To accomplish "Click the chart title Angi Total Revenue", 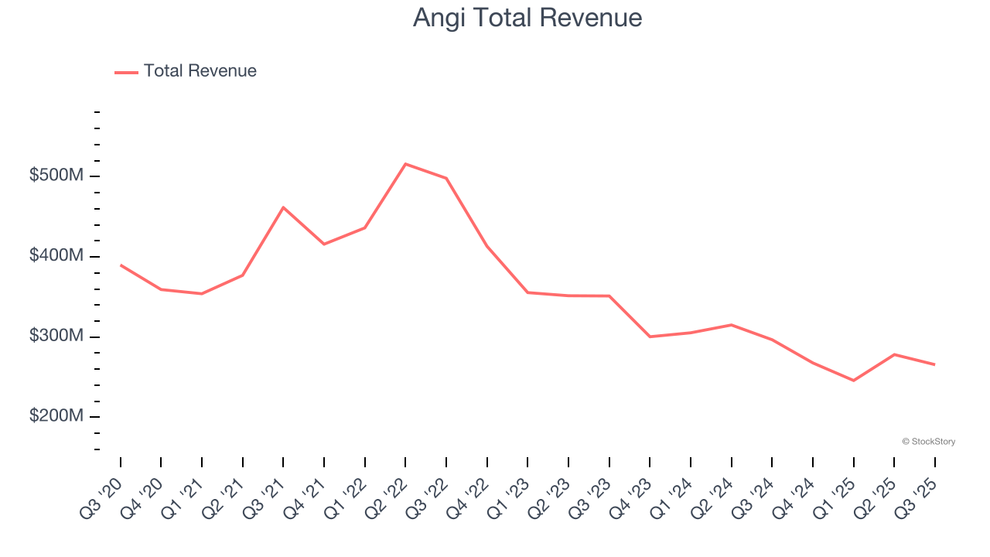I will [527, 17].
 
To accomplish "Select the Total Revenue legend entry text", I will [200, 71].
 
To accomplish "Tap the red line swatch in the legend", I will [126, 72].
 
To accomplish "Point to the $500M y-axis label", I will [56, 176].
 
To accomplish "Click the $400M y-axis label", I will [56, 256].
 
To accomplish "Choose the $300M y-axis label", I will [56, 337].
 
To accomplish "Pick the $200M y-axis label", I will [56, 416].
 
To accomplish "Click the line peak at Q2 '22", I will [405, 164].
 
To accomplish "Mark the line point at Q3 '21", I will [283, 207].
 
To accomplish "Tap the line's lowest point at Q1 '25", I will [853, 381].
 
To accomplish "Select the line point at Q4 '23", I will [650, 337].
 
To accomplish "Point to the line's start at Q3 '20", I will [121, 265].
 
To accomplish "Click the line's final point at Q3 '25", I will [934, 364].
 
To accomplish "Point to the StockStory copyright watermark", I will [928, 442].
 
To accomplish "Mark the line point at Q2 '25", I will [894, 354].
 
